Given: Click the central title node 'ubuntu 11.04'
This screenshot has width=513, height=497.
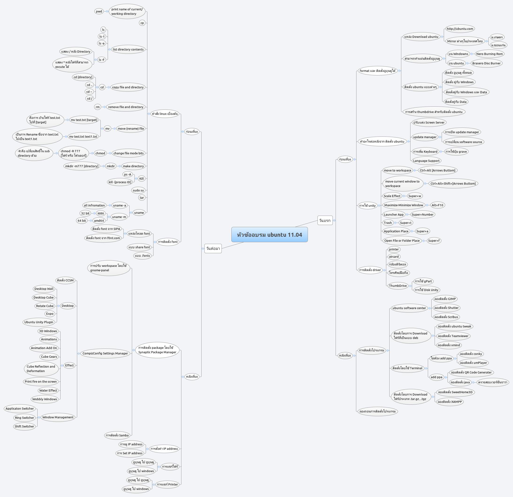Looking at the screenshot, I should tap(269, 234).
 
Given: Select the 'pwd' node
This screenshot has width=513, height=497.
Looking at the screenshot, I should tap(99, 11).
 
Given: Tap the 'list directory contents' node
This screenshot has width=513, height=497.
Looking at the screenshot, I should tap(128, 49).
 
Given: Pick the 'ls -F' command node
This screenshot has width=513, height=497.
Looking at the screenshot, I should tap(102, 60).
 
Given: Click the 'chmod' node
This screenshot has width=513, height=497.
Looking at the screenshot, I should tap(100, 153).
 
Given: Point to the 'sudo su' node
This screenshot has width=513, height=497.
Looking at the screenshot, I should tap(138, 190).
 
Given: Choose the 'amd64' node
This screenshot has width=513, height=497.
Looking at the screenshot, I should tap(99, 221).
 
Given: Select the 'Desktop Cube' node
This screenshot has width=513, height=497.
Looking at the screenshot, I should tap(43, 297).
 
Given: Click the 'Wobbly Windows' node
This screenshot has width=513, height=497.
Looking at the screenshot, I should tap(45, 399).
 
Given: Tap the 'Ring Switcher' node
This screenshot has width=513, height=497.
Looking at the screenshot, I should tap(24, 418).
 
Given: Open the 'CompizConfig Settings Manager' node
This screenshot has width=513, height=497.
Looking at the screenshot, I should tap(105, 353).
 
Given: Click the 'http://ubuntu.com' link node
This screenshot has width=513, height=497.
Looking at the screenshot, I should tap(460, 29).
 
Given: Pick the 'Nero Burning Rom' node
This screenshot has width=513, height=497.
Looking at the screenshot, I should tap(490, 54).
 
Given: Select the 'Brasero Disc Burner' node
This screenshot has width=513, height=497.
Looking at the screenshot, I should tap(486, 63).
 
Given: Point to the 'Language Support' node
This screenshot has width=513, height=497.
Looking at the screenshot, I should tap(426, 161).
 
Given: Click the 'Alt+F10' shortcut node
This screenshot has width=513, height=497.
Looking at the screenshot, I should tap(437, 205).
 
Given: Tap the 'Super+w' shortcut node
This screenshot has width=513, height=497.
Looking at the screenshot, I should tap(415, 196).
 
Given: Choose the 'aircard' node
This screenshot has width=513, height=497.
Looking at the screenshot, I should tap(394, 257).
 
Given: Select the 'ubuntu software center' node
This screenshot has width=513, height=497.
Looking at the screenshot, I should tap(409, 308).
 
